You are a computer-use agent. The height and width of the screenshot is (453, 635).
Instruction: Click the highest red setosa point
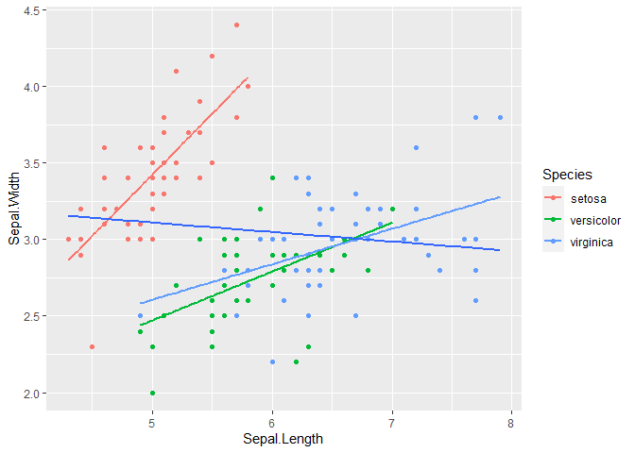pyautogui.click(x=236, y=25)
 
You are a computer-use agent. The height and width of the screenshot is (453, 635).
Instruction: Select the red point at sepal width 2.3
pyautogui.click(x=92, y=346)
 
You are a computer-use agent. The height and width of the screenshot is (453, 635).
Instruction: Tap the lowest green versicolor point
pyautogui.click(x=152, y=393)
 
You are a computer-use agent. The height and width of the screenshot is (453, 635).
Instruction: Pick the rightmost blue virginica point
pyautogui.click(x=500, y=117)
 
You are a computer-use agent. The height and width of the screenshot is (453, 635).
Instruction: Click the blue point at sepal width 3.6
pyautogui.click(x=416, y=147)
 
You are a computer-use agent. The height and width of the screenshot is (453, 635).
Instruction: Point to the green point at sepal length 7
pyautogui.click(x=392, y=210)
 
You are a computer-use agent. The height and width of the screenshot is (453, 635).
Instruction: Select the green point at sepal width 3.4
pyautogui.click(x=272, y=177)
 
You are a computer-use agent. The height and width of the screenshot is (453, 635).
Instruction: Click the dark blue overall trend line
pyautogui.click(x=283, y=233)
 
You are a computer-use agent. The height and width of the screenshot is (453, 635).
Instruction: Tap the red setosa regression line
pyautogui.click(x=158, y=168)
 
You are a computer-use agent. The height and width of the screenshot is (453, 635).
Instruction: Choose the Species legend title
pyautogui.click(x=567, y=175)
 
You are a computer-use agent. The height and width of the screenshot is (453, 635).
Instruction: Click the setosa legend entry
pyautogui.click(x=575, y=198)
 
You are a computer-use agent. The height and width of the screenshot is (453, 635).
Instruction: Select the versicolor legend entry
pyautogui.click(x=582, y=220)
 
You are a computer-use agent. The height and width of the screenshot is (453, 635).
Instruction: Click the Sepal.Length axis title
pyautogui.click(x=283, y=439)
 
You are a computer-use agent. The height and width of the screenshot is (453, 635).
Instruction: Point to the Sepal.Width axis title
pyautogui.click(x=14, y=209)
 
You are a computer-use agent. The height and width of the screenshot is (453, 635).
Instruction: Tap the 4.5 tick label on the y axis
pyautogui.click(x=31, y=11)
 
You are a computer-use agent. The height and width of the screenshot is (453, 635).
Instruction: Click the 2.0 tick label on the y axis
pyautogui.click(x=31, y=394)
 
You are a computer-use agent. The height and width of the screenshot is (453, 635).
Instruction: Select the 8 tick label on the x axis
pyautogui.click(x=510, y=424)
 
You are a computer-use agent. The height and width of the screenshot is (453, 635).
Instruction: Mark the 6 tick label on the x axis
pyautogui.click(x=272, y=424)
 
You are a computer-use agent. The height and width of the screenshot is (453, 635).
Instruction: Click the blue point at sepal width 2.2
pyautogui.click(x=272, y=361)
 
